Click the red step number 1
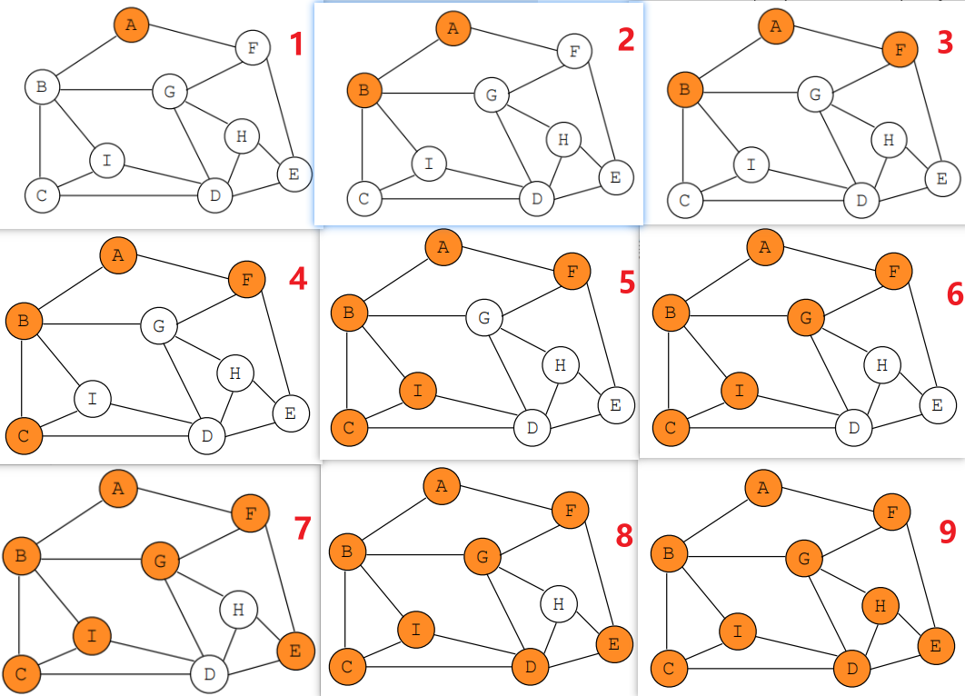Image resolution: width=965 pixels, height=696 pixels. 296,45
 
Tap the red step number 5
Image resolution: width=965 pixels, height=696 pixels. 627,282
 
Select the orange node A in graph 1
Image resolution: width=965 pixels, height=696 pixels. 131,25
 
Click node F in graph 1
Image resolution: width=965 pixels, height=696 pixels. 253,48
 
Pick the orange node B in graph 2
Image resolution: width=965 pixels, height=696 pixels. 364,90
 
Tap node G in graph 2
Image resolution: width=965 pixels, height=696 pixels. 492,94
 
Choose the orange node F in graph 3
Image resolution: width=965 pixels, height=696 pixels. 900,51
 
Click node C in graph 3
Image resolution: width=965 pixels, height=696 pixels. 685,200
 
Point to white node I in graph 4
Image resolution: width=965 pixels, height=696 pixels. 92,398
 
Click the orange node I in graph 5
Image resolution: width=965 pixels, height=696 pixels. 418,391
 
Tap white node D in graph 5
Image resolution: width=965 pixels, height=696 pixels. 532,427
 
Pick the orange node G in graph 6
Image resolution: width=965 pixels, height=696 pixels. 805,318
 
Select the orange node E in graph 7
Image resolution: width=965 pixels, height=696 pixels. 295,650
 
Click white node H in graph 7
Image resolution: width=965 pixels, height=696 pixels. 238,610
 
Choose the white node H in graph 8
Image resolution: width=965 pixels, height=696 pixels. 559,602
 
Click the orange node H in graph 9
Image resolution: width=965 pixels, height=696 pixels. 880,605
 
